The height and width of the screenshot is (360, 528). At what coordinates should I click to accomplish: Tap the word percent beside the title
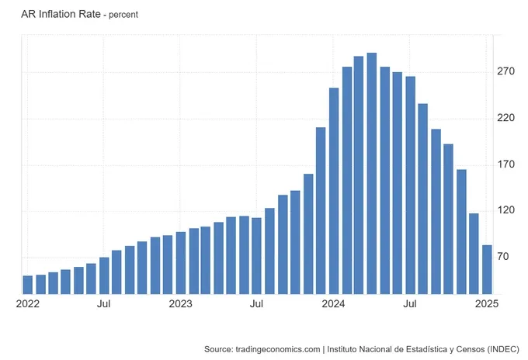(123, 15)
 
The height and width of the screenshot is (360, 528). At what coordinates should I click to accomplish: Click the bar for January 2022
(28, 285)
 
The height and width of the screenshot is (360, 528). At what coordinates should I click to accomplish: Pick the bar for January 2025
(487, 269)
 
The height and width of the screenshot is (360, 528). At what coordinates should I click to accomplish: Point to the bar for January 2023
(181, 263)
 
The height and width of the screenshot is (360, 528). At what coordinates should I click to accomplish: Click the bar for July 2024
(410, 185)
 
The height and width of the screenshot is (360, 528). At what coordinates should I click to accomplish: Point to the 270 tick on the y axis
(506, 72)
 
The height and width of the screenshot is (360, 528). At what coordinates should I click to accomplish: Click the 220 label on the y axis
(506, 118)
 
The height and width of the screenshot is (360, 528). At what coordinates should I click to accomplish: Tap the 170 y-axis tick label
(506, 164)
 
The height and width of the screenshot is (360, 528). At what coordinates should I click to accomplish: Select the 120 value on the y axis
(506, 211)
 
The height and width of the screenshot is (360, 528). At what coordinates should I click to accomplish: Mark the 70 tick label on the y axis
(504, 257)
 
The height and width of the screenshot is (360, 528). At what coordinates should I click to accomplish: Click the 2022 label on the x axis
(28, 304)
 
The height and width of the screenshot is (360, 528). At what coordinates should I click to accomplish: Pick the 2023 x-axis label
(181, 304)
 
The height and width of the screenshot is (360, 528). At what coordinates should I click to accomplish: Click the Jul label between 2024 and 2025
(410, 304)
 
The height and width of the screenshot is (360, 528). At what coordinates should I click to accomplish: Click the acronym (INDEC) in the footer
(498, 350)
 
